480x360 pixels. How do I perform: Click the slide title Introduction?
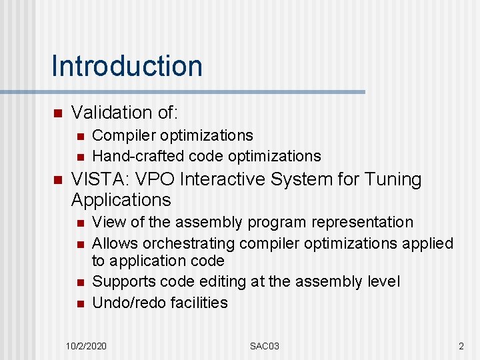tap(127, 66)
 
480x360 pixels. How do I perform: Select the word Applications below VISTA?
tap(121, 200)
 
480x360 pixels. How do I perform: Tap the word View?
tap(108, 222)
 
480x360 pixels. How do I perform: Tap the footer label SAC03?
tap(264, 346)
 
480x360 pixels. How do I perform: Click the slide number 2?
tap(461, 346)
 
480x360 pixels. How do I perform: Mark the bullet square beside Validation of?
tap(57, 113)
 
